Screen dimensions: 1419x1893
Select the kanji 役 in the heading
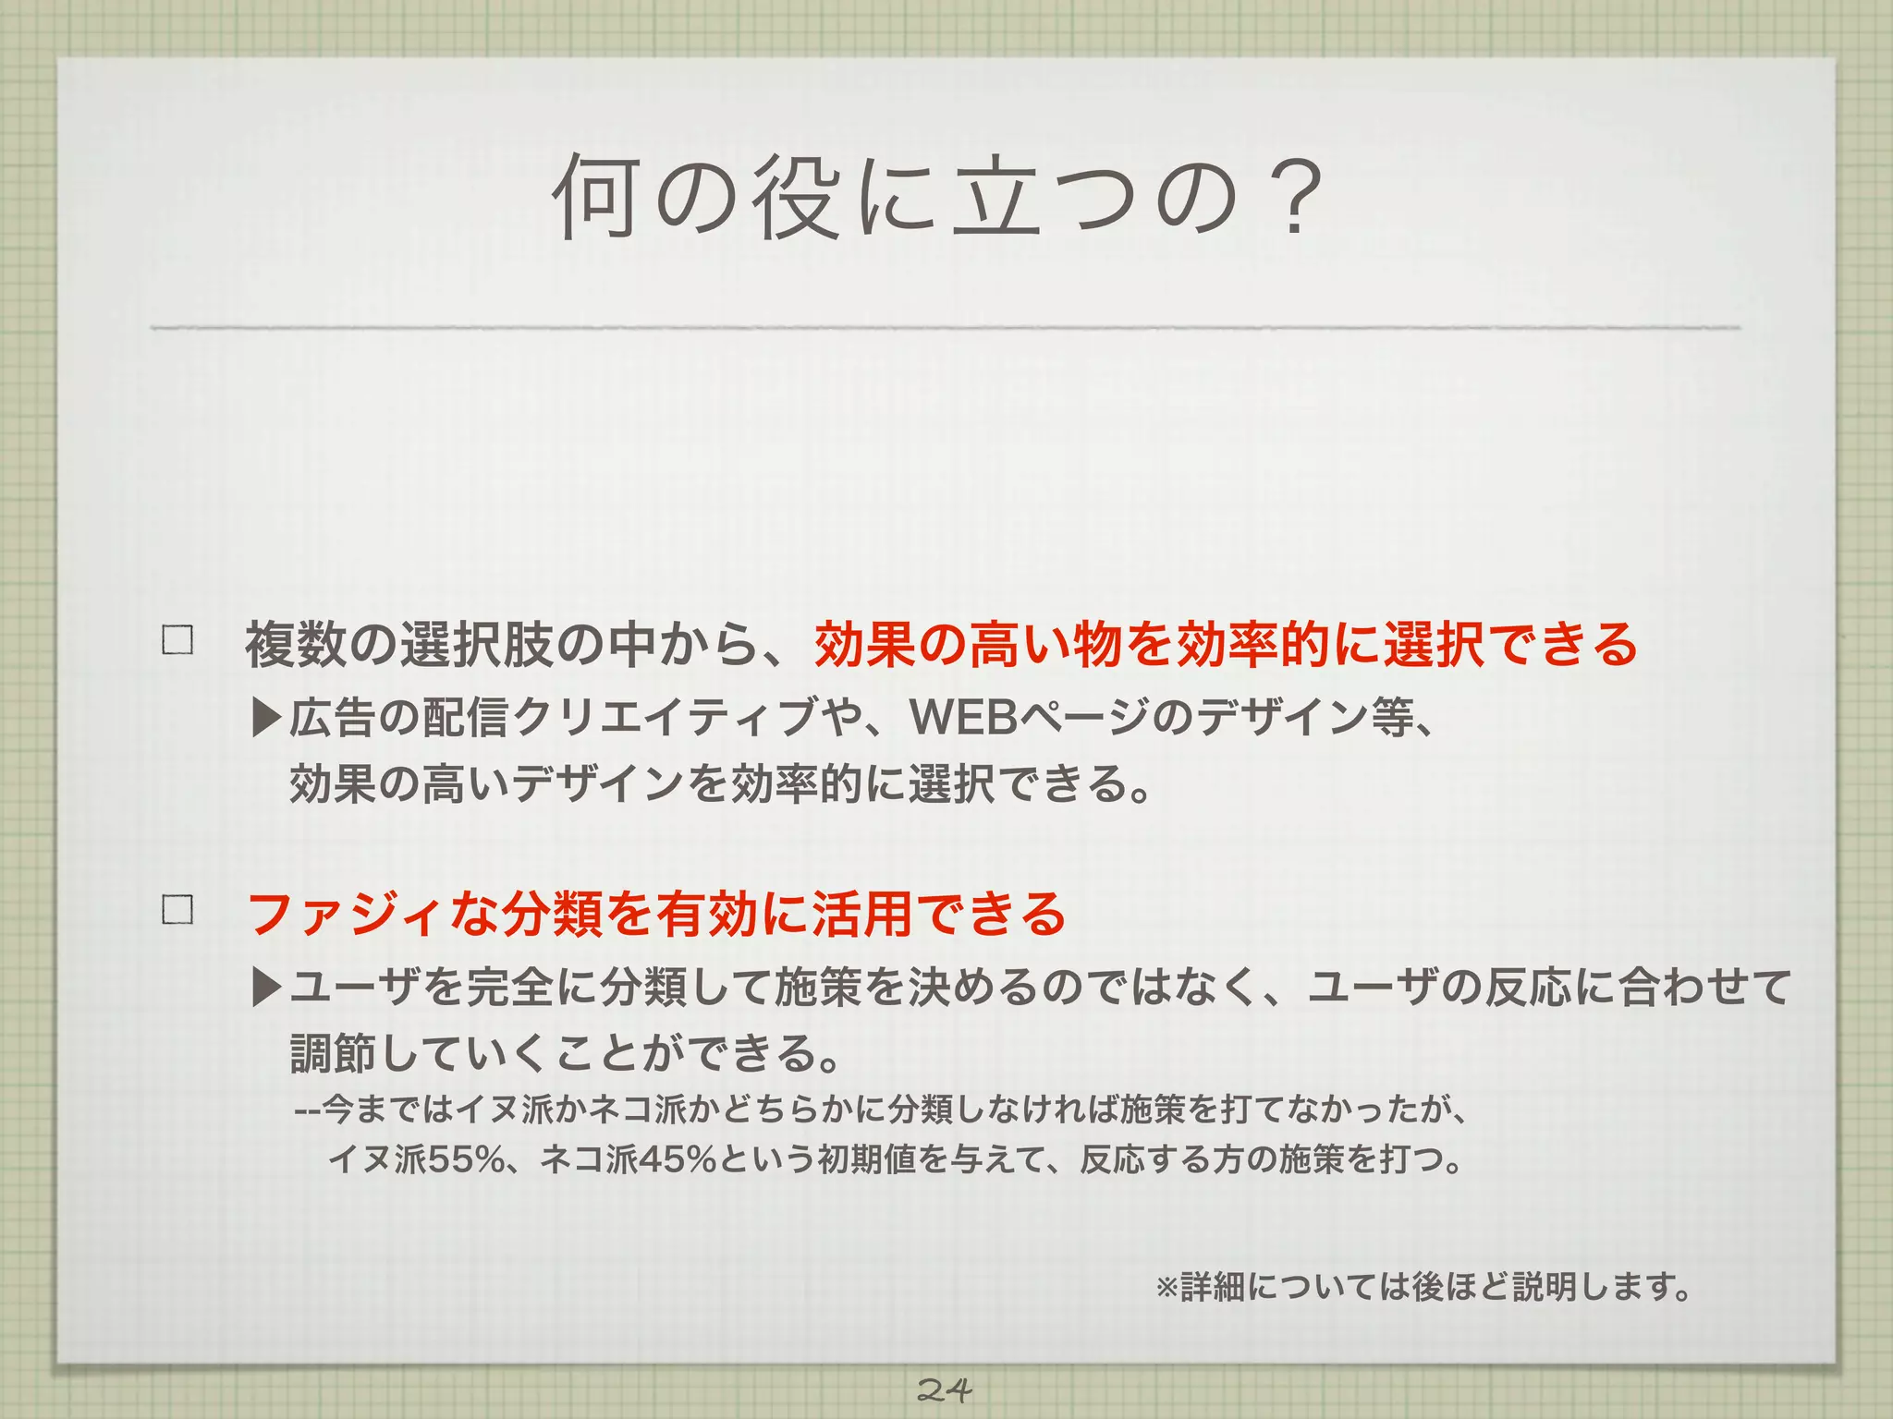point(795,197)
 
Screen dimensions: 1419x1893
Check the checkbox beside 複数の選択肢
point(177,640)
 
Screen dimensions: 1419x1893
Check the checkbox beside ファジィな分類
point(177,909)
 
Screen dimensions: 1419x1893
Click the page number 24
point(944,1389)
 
